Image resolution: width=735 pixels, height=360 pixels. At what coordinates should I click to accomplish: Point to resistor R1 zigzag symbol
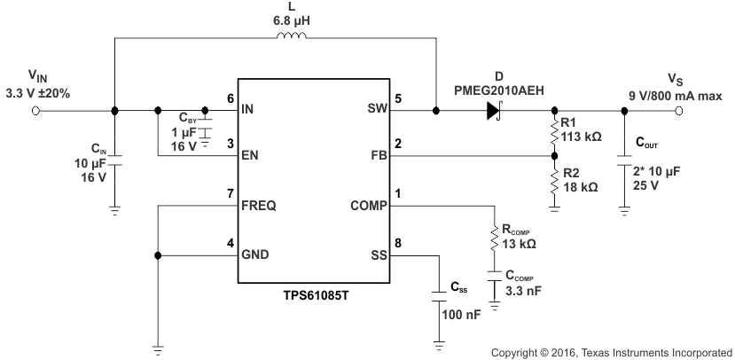pyautogui.click(x=554, y=132)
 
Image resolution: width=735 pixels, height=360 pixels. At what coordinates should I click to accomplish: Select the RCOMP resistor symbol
pyautogui.click(x=494, y=238)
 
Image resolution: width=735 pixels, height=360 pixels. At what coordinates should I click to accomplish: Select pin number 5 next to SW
pyautogui.click(x=399, y=99)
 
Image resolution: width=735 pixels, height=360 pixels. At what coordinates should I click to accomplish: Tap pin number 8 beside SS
pyautogui.click(x=399, y=243)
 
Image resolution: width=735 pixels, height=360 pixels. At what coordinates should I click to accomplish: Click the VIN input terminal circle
pyautogui.click(x=36, y=111)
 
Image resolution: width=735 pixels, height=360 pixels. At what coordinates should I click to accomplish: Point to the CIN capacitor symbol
pyautogui.click(x=114, y=162)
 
